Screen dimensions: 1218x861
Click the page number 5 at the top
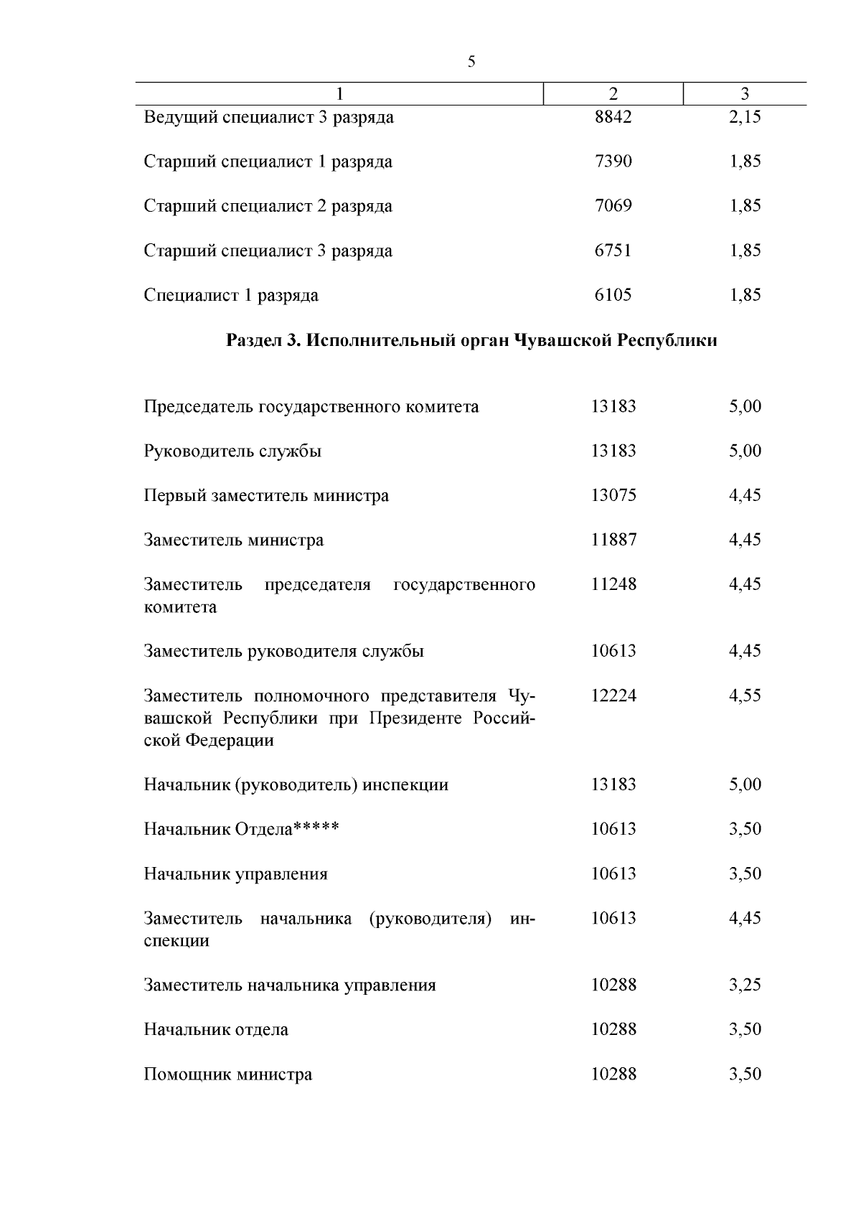pyautogui.click(x=471, y=62)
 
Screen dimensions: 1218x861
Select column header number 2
pyautogui.click(x=613, y=94)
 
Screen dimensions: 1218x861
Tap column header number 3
pyautogui.click(x=745, y=94)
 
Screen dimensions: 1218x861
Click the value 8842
pyautogui.click(x=613, y=117)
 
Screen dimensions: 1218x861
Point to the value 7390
pyautogui.click(x=613, y=161)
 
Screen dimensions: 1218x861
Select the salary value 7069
pyautogui.click(x=613, y=206)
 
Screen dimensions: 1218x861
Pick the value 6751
pyautogui.click(x=613, y=250)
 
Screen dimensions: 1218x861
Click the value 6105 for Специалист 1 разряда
pyautogui.click(x=613, y=295)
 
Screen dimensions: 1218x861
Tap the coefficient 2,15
pyautogui.click(x=745, y=117)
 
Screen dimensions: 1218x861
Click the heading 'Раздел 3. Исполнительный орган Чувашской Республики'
pyautogui.click(x=471, y=340)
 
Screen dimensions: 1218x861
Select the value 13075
pyautogui.click(x=613, y=495)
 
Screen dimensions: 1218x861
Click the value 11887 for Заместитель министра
pyautogui.click(x=613, y=540)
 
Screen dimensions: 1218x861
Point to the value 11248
pyautogui.click(x=613, y=584)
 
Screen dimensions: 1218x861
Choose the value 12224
pyautogui.click(x=613, y=695)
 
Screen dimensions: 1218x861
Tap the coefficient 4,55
pyautogui.click(x=745, y=695)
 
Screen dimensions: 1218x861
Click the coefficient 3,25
pyautogui.click(x=745, y=985)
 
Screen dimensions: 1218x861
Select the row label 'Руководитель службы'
pyautogui.click(x=232, y=451)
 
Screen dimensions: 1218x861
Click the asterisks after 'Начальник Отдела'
pyautogui.click(x=316, y=828)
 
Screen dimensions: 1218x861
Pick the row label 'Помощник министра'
pyautogui.click(x=228, y=1074)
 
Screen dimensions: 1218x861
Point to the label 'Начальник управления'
pyautogui.click(x=235, y=873)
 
